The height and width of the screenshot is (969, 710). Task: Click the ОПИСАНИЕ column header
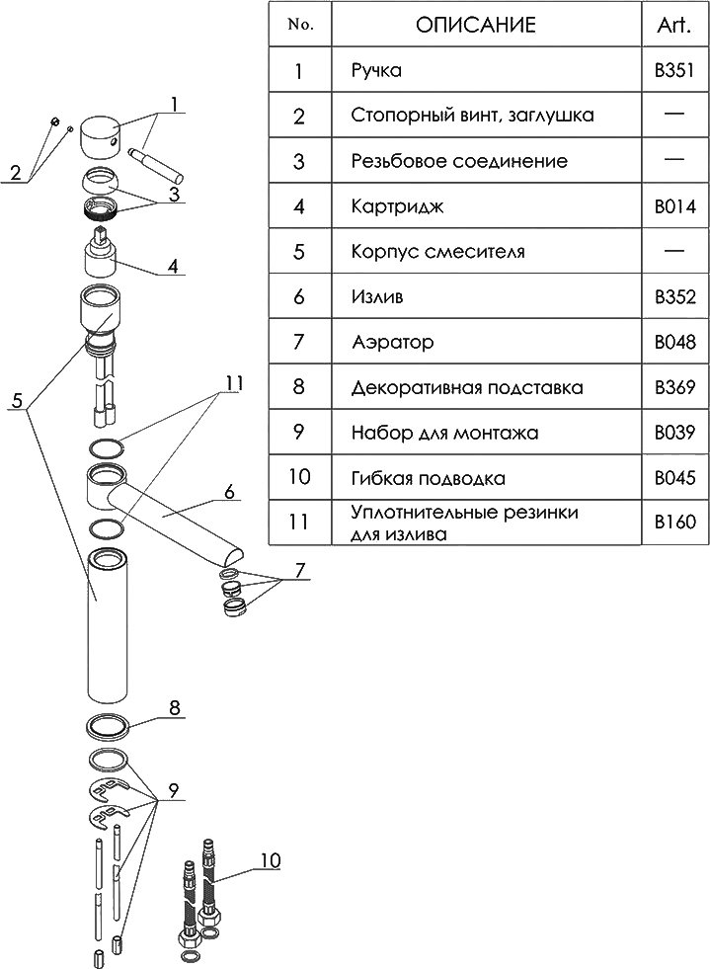(x=475, y=26)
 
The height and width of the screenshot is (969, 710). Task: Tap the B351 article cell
(x=674, y=71)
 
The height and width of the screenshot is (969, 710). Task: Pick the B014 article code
(x=674, y=207)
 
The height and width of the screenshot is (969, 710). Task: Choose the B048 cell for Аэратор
(x=674, y=343)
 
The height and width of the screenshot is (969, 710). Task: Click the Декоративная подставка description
(x=466, y=387)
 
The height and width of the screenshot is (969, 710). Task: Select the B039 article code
(x=674, y=433)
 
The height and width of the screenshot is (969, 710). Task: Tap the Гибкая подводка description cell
(x=429, y=478)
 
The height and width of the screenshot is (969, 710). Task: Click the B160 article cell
(x=674, y=523)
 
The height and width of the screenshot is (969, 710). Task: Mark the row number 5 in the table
(x=298, y=252)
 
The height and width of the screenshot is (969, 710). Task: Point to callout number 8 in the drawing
(x=174, y=707)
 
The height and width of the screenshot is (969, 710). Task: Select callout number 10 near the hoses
(x=269, y=860)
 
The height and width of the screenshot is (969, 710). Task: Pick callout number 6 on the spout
(x=228, y=490)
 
